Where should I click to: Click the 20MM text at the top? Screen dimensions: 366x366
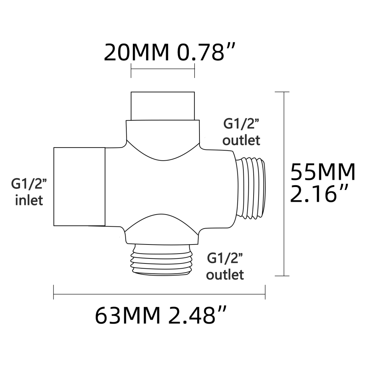[137, 52]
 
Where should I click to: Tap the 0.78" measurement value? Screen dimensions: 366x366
[205, 52]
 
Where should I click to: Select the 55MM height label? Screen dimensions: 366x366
[322, 172]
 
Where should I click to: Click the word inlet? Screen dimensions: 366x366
[29, 200]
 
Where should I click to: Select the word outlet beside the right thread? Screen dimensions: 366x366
[242, 140]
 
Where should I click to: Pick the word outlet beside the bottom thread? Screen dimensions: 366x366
[225, 274]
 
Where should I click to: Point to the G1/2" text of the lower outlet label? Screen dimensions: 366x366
[225, 258]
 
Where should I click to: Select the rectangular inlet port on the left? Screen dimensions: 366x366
[79, 187]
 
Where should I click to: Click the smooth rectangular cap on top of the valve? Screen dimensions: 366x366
[163, 105]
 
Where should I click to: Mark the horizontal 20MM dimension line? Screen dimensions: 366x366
[163, 68]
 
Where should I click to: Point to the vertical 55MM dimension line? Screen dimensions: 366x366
[284, 183]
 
